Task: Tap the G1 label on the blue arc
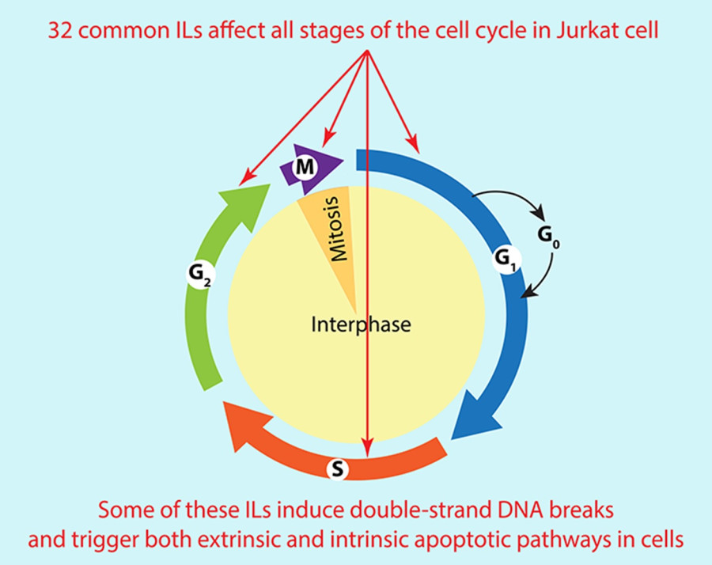pyautogui.click(x=503, y=258)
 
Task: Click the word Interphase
pyautogui.click(x=362, y=324)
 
